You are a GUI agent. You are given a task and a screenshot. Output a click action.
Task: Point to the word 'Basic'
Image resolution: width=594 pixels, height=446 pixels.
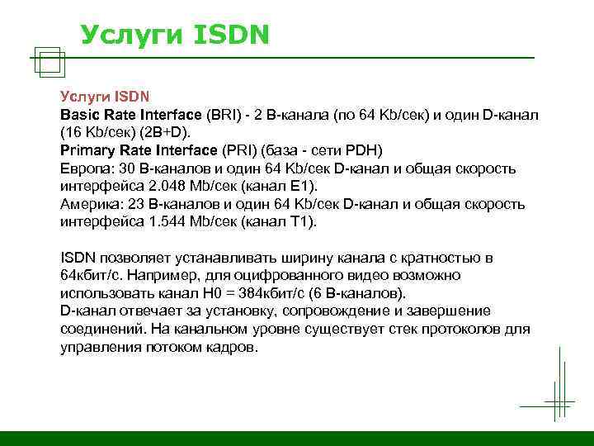point(79,114)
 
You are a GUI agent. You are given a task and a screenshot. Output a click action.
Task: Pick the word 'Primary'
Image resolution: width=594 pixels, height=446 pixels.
point(87,150)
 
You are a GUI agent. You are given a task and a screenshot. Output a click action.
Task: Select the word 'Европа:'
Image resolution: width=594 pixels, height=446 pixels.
point(86,168)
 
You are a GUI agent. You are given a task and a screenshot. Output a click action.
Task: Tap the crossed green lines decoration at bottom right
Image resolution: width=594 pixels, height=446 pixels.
point(558,398)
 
